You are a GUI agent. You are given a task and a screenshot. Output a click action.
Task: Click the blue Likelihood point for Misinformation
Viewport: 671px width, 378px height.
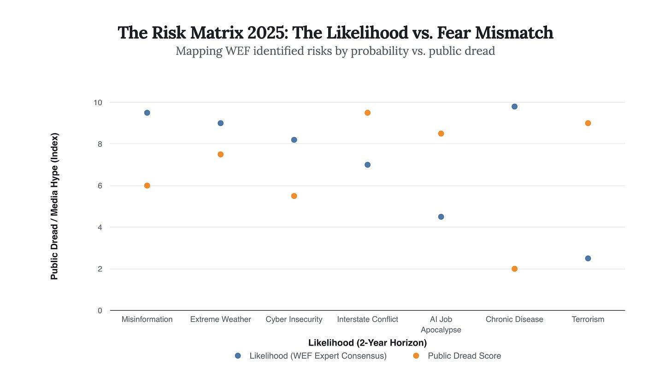147,113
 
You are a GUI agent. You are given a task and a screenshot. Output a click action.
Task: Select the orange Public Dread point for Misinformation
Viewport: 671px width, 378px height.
147,186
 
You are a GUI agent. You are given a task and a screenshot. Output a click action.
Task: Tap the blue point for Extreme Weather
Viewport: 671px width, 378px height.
220,123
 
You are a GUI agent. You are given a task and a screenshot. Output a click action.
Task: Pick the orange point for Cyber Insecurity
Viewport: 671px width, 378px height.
294,196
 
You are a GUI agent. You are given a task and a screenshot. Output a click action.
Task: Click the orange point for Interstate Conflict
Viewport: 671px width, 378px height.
367,113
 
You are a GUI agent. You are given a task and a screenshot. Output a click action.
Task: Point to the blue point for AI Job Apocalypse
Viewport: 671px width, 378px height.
441,216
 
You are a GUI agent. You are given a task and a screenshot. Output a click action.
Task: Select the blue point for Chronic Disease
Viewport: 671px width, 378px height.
514,107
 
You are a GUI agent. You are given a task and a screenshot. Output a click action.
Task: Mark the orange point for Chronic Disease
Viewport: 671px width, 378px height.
514,269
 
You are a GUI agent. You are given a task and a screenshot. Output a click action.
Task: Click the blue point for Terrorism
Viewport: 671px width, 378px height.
588,258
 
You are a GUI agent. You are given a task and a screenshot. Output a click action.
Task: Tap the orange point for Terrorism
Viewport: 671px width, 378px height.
588,123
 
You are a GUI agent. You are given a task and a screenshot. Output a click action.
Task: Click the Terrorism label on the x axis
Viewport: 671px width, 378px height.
588,319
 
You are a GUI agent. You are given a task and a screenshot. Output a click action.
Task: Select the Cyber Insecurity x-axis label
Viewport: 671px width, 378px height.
294,319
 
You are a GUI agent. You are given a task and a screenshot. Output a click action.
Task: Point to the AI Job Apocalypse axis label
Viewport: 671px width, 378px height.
441,324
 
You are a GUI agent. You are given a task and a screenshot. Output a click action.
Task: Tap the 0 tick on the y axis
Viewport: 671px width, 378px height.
100,311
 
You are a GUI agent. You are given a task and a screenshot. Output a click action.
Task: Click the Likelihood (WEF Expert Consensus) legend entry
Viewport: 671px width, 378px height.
318,356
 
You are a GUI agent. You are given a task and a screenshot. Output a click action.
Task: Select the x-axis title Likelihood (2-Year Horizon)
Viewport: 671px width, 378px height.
367,343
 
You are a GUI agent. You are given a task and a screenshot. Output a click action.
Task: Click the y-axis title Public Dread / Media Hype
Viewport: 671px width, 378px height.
54,206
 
